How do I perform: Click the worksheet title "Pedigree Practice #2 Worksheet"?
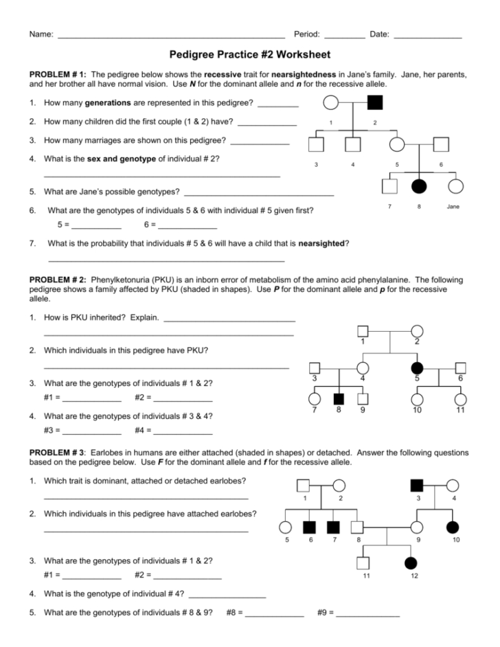pos(250,54)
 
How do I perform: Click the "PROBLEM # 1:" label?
pos(58,73)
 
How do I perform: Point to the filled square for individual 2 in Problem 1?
pos(375,104)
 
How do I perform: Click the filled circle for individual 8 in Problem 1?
pos(419,186)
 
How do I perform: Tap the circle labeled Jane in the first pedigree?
pos(454,186)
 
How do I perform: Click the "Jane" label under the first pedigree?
pos(453,206)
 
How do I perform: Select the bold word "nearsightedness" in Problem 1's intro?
pos(304,73)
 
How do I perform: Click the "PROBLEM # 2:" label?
pos(58,280)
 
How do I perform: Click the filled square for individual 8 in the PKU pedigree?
pos(338,398)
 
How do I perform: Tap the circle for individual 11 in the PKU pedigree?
pos(460,398)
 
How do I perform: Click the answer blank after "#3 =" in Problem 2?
pos(92,433)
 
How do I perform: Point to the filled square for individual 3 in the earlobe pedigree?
pos(417,485)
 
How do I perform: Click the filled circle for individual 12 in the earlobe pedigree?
pos(411,563)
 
